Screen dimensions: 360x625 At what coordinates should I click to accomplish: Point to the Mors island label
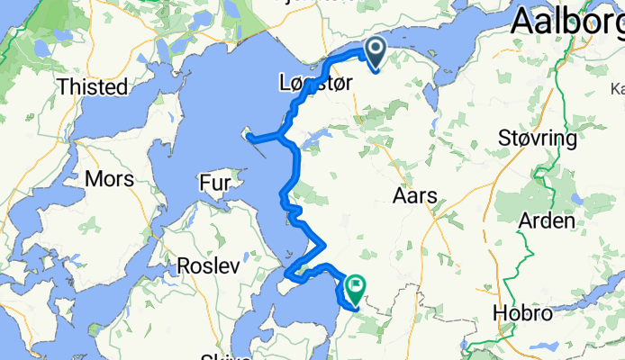point(109,179)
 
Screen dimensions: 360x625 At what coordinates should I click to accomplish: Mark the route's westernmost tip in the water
point(251,138)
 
